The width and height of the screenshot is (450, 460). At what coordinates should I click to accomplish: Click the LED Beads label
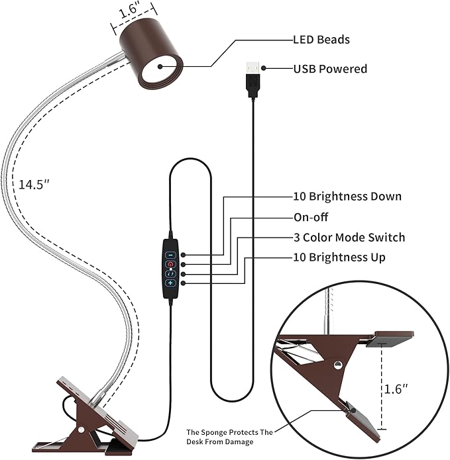tap(321, 40)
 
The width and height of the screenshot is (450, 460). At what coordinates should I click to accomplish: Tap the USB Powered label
tap(329, 68)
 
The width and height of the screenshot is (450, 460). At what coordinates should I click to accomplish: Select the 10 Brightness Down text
tap(347, 197)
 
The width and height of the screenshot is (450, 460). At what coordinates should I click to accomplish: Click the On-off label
tap(311, 217)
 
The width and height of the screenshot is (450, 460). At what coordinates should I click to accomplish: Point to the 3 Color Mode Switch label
tap(349, 237)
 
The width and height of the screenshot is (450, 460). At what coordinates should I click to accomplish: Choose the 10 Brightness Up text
tap(339, 257)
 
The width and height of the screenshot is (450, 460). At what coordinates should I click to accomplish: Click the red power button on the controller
tap(170, 264)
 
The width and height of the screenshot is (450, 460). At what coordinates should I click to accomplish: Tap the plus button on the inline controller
tap(170, 283)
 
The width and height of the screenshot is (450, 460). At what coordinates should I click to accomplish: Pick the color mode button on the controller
tap(170, 273)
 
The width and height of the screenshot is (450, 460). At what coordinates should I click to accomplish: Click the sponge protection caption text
tap(229, 437)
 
